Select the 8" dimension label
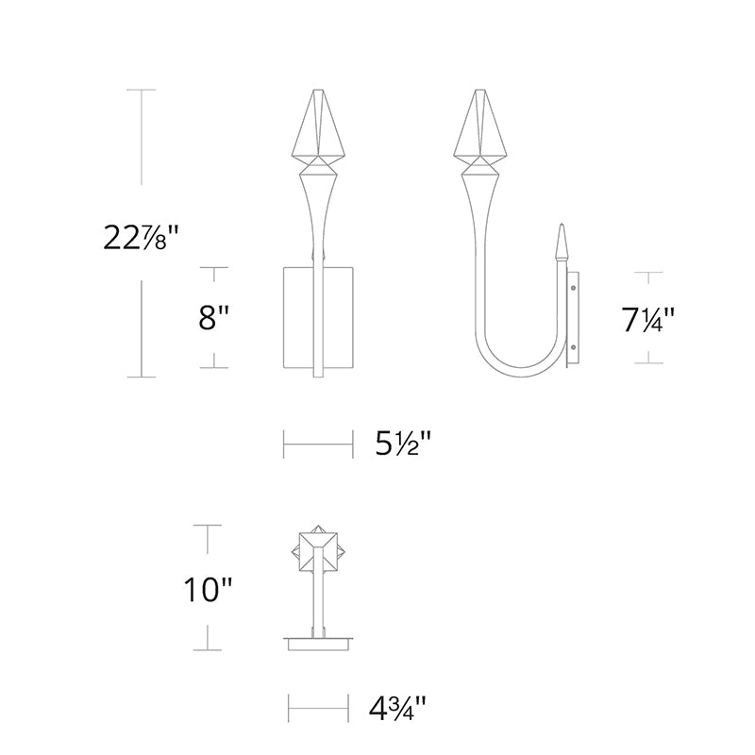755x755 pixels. [x=214, y=317]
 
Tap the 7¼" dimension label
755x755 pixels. [x=648, y=319]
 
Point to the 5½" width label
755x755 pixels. [x=403, y=444]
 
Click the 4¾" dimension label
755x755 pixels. [x=397, y=708]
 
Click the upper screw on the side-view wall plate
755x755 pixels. [x=574, y=289]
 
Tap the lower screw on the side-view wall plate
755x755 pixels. [x=574, y=346]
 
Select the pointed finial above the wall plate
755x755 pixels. [x=561, y=243]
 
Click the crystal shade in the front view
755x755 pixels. [x=318, y=126]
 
